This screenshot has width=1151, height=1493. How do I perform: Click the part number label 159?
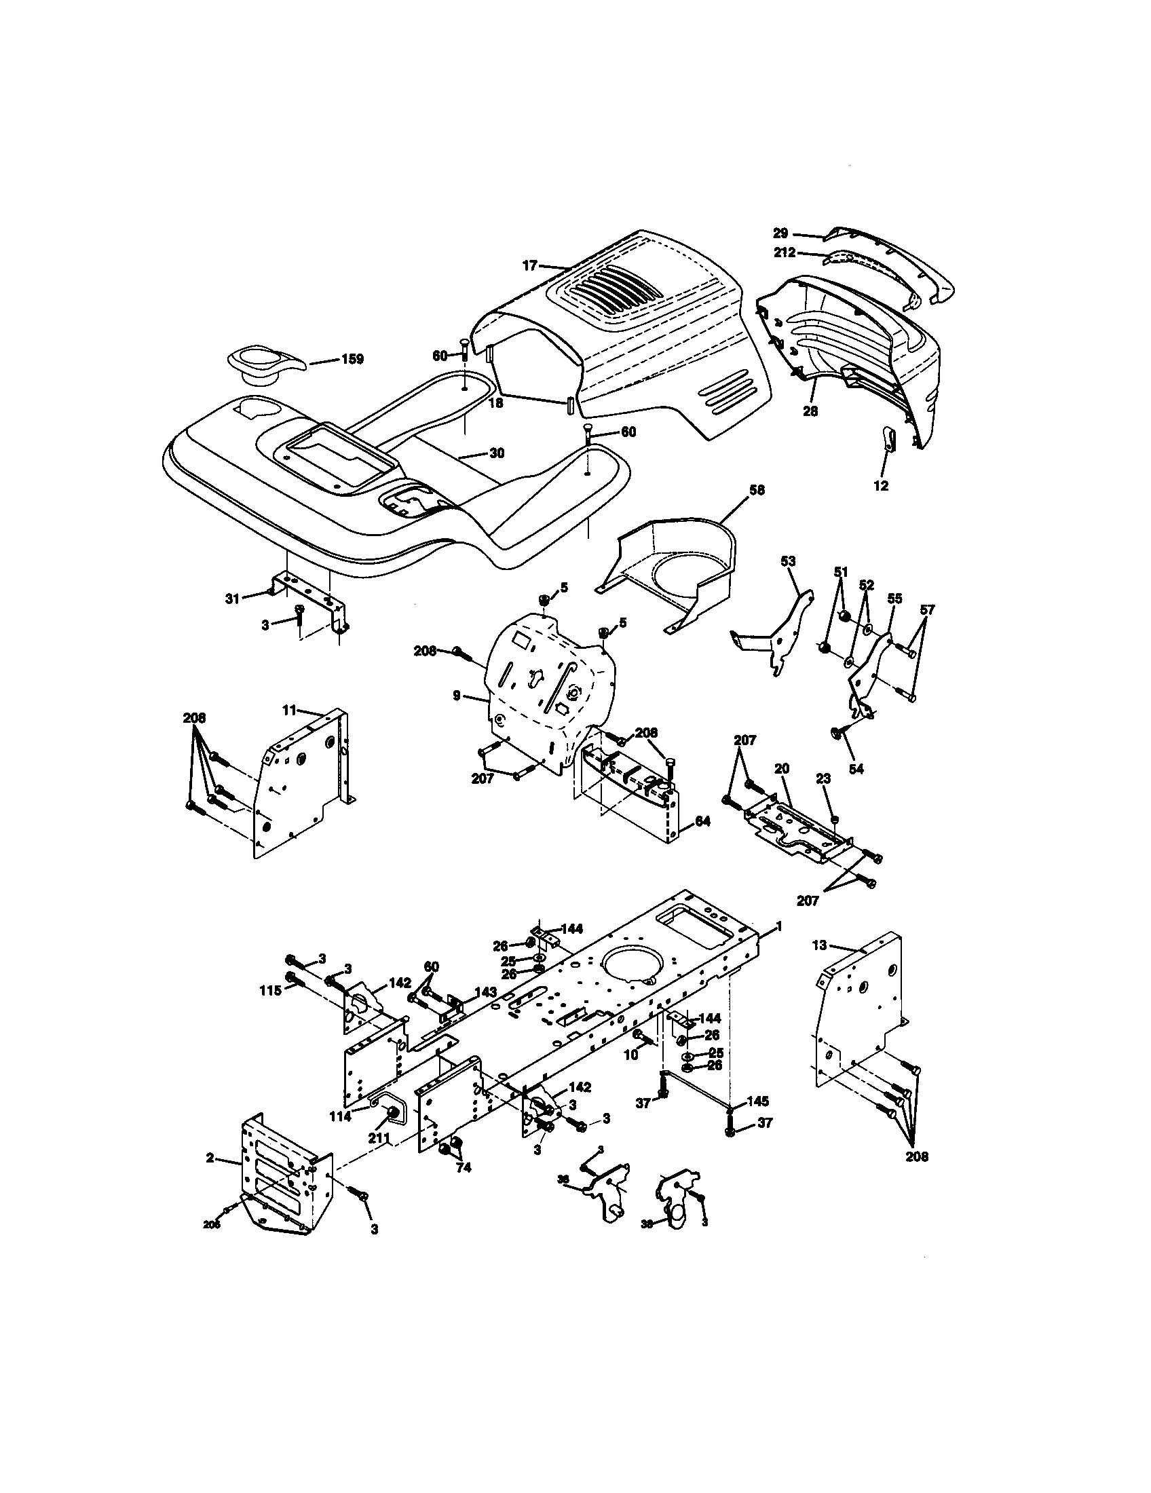[x=352, y=359]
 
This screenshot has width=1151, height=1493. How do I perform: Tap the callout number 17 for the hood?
[x=531, y=266]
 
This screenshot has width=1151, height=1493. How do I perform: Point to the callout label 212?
[x=785, y=252]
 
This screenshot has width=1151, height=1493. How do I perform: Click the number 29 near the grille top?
[x=780, y=233]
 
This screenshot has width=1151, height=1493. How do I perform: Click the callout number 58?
[x=757, y=490]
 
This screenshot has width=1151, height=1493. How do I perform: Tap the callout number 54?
[x=856, y=769]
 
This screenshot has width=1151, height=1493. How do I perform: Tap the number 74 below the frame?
[x=464, y=1168]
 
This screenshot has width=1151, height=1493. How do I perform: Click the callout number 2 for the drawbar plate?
[x=210, y=1158]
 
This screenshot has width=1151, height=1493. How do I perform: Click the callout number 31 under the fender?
[x=232, y=598]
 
